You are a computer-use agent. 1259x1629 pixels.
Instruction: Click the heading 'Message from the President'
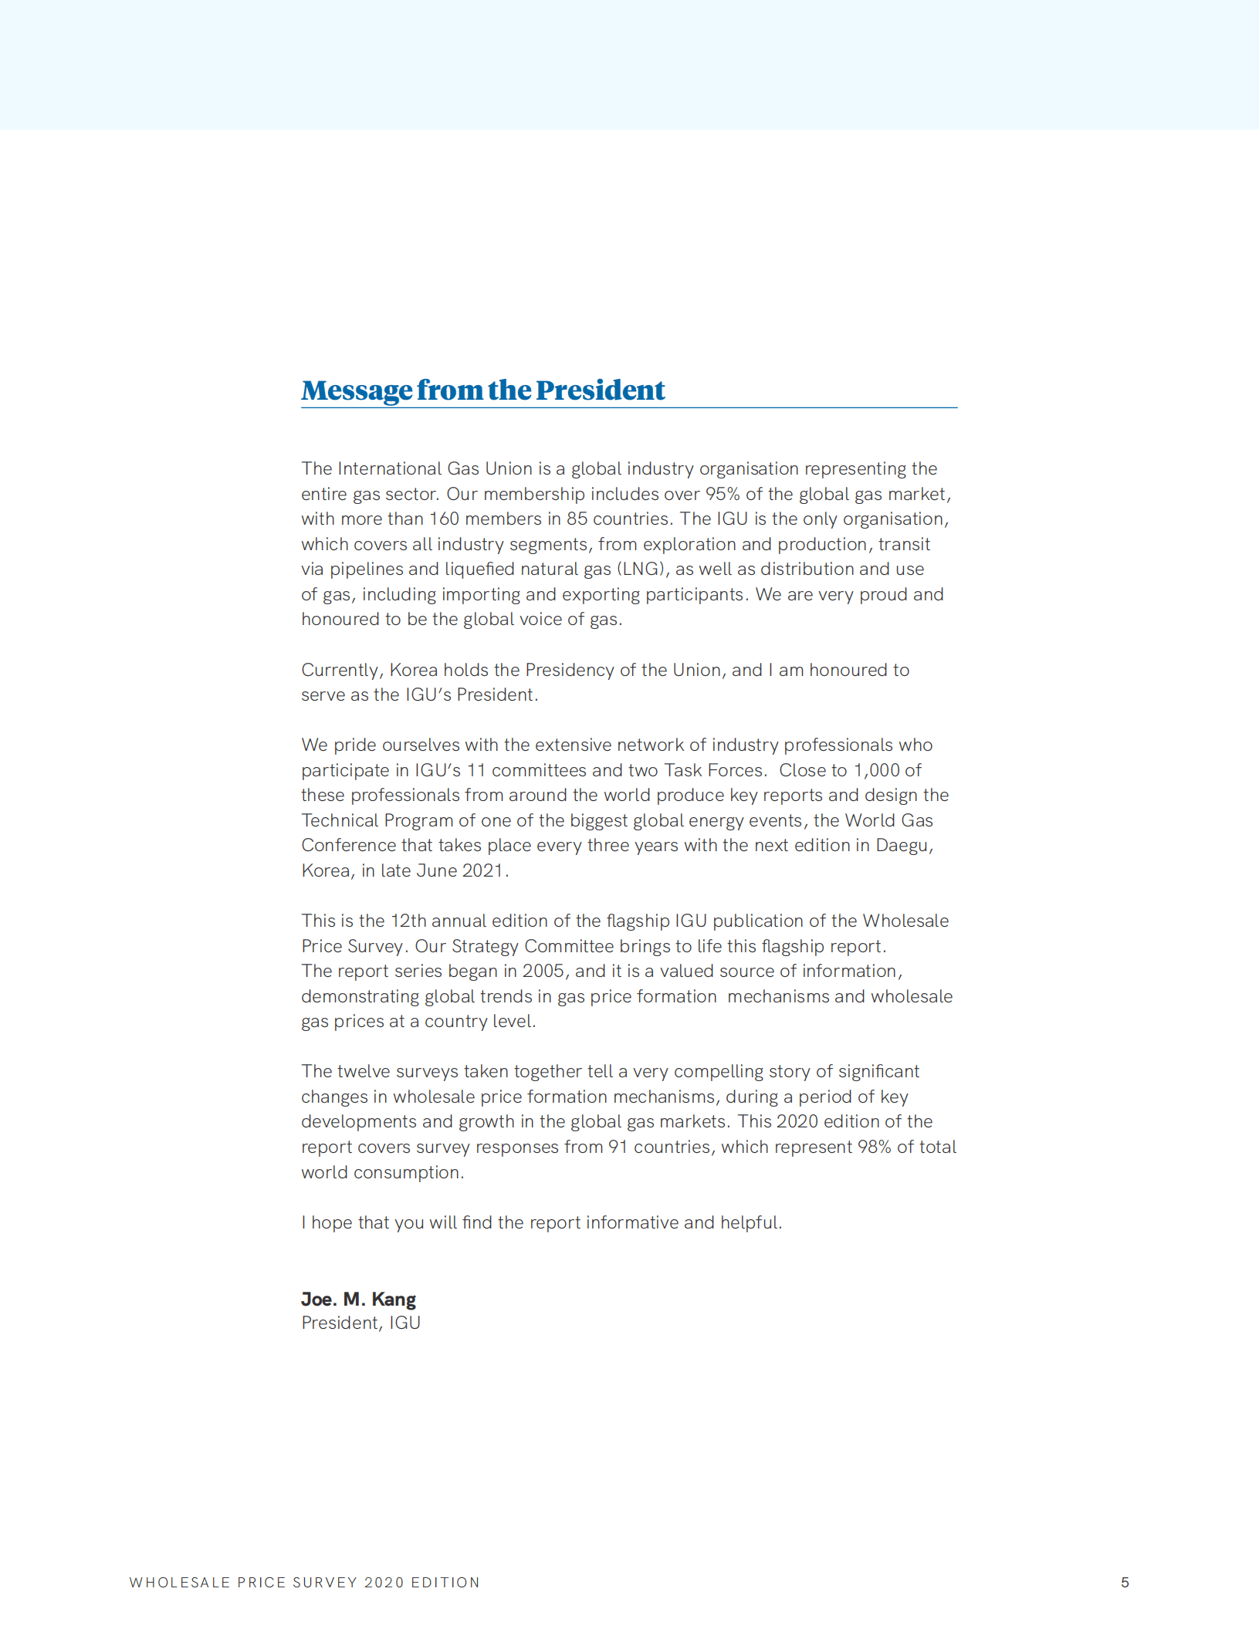coord(482,390)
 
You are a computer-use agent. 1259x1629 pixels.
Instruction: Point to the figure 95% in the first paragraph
coord(722,494)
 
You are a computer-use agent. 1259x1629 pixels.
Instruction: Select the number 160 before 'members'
coord(444,519)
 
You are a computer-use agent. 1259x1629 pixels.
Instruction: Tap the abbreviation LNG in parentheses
coord(640,569)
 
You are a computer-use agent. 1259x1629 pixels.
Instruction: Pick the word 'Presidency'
coord(570,670)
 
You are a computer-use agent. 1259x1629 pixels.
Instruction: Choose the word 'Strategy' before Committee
coord(485,946)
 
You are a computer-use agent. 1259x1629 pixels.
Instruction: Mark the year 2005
coord(543,971)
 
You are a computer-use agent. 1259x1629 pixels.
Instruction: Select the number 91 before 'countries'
coord(618,1147)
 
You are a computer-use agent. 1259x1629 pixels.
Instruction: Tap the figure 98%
coord(874,1147)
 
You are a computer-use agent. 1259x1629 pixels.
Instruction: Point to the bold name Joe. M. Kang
coord(358,1299)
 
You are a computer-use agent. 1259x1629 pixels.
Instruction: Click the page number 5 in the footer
coord(1125,1582)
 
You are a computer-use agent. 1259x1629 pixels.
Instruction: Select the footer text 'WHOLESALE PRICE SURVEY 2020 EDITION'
coord(304,1582)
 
